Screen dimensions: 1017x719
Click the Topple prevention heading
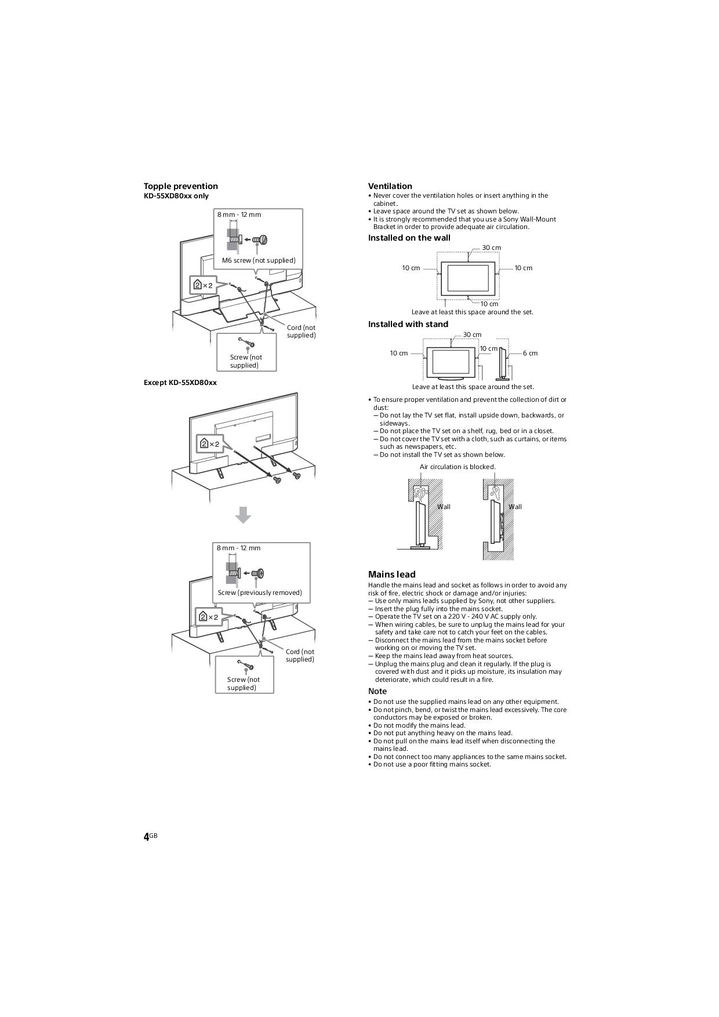(181, 186)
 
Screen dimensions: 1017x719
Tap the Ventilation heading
(390, 186)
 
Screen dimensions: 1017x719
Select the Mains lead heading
(392, 575)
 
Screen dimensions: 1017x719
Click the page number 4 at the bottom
(147, 837)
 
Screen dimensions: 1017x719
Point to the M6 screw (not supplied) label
(259, 260)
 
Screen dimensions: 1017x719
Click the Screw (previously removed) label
(260, 593)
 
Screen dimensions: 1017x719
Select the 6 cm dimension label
(530, 353)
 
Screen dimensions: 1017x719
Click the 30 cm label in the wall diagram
(492, 248)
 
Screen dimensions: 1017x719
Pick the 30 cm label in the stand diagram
(472, 335)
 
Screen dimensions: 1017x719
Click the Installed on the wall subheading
(409, 238)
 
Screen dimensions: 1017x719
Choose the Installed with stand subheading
(408, 324)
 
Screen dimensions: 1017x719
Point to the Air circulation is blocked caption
(457, 467)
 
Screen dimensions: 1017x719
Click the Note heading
(377, 691)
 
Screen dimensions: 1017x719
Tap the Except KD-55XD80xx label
(180, 383)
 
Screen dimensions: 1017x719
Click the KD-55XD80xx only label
(176, 196)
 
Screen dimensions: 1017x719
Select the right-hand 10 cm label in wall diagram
(524, 268)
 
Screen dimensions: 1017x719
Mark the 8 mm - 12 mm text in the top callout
(239, 215)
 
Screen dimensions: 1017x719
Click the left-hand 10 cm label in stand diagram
(399, 353)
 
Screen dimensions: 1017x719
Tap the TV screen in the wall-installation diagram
(468, 279)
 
